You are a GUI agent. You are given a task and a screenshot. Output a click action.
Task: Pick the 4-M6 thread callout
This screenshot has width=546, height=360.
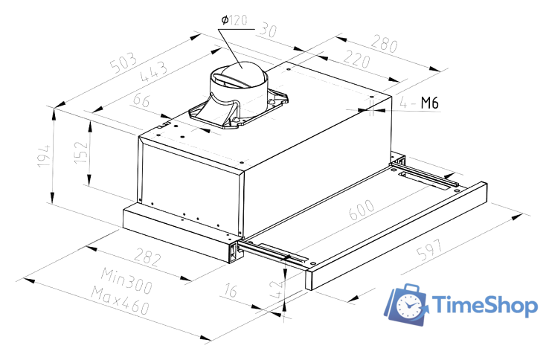(x=420, y=103)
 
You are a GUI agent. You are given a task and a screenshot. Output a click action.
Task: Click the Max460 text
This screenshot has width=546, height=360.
(x=119, y=300)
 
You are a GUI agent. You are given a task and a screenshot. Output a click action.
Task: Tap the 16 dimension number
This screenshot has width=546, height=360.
(x=229, y=291)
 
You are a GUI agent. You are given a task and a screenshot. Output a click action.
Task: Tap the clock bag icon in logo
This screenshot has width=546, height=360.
(x=406, y=303)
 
